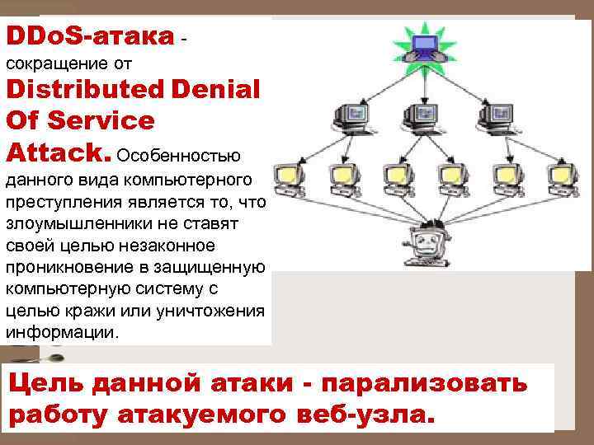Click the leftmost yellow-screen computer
(x=289, y=176)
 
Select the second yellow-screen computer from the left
(x=341, y=176)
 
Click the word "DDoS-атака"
(x=90, y=37)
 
